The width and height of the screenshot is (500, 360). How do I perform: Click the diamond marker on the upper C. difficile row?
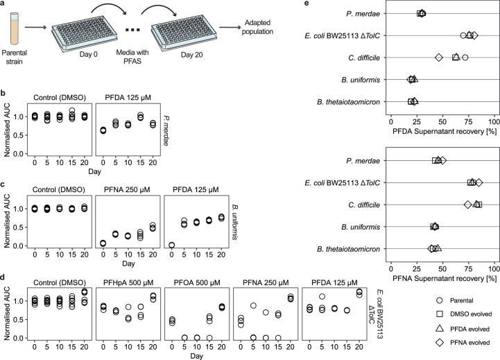439,58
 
